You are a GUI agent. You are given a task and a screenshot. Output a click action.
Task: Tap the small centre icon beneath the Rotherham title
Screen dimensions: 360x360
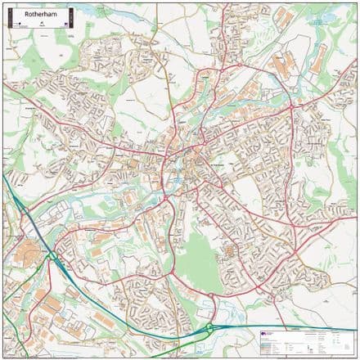tap(41, 25)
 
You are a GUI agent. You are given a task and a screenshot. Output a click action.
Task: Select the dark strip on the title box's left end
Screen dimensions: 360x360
tap(8, 18)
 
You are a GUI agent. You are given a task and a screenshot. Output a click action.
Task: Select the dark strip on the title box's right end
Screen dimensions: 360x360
tap(72, 18)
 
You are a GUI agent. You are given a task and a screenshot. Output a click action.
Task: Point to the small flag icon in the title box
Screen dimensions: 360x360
tap(62, 25)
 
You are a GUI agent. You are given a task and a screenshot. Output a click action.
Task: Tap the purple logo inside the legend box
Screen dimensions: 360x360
tap(262, 334)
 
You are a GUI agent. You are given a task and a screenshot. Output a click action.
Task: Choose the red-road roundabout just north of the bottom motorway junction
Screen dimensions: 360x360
tap(211, 295)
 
